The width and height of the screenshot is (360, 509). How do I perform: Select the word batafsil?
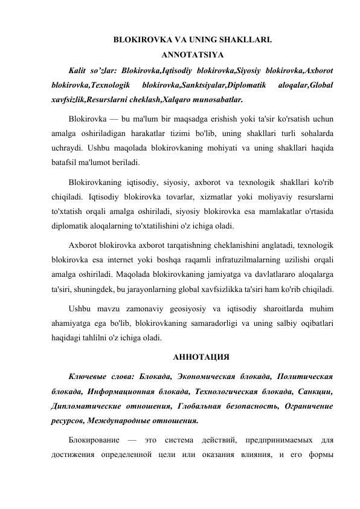point(65,163)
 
